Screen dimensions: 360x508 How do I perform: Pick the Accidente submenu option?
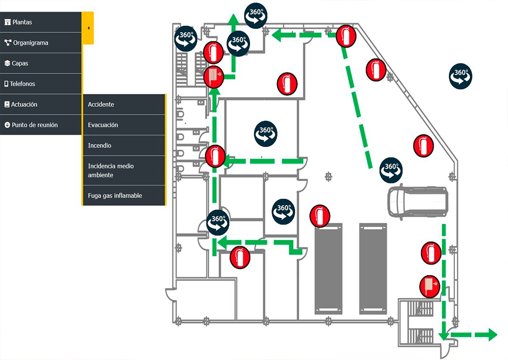coord(101,104)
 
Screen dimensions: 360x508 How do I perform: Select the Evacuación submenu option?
coord(103,125)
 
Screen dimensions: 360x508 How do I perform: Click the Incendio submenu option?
coord(100,146)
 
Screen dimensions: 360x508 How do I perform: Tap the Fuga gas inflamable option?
coord(115,196)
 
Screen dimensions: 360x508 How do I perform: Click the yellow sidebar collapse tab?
coord(88,28)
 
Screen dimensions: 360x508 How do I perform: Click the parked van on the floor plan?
coord(417,202)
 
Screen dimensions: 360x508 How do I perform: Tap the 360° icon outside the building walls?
coord(461,76)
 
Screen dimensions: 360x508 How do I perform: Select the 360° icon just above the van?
coord(391,169)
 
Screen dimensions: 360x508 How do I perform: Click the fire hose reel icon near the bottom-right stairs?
coord(430,286)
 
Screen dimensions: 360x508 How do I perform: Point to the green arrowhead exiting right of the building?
coord(492,335)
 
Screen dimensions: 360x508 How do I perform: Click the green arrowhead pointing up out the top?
coord(233,20)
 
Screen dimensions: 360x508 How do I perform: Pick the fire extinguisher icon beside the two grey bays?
coord(320,216)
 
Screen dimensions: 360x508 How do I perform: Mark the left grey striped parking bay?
coord(329,268)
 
